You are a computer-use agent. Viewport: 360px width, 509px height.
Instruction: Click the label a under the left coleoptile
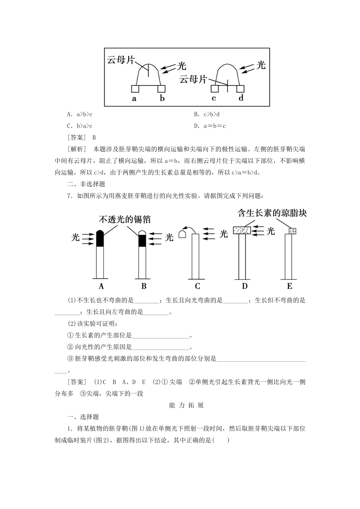pos(134,98)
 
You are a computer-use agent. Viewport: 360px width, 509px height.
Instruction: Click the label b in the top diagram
pos(162,98)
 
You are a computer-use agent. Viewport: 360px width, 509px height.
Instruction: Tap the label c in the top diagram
pos(214,98)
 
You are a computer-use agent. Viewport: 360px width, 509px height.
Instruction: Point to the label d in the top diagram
pos(241,98)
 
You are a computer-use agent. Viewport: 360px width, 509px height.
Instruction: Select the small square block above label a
pos(135,89)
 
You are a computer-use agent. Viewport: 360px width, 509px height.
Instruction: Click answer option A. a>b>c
pos(80,114)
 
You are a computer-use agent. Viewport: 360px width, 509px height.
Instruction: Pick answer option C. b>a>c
pos(80,126)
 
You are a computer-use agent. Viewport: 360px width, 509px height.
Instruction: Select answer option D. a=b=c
pos(210,126)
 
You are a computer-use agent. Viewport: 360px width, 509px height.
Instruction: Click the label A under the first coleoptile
pos(101,286)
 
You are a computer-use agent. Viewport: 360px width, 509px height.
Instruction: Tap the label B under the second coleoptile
pos(144,286)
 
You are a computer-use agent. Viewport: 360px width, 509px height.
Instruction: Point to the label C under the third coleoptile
pos(197,286)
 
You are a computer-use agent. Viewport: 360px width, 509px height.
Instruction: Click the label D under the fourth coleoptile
pos(245,286)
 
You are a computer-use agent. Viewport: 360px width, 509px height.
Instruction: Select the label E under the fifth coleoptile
pos(290,286)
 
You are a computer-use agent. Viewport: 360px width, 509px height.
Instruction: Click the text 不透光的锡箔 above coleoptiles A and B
pos(125,219)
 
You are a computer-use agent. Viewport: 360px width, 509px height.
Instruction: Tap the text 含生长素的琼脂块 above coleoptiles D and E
pos(272,213)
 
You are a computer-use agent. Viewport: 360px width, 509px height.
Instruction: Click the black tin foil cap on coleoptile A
pos(100,239)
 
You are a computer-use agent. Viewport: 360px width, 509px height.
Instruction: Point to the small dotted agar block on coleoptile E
pos(292,231)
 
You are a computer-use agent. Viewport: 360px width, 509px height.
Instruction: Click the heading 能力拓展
pos(186,405)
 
